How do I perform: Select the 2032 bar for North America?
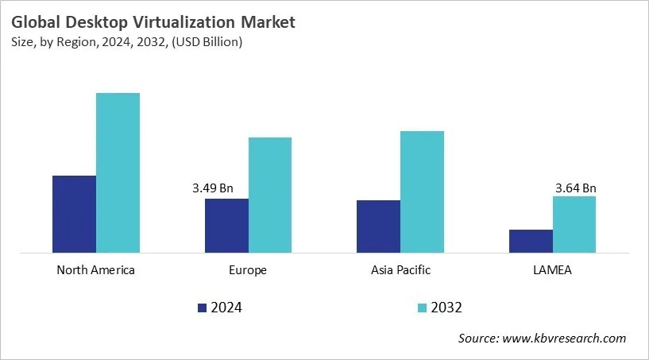click(118, 173)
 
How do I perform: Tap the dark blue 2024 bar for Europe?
click(226, 226)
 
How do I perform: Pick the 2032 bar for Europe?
click(270, 195)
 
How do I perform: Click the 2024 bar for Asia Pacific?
click(378, 226)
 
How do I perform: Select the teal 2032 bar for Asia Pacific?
click(422, 192)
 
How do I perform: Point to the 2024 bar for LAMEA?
click(531, 242)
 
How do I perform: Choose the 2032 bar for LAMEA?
click(574, 225)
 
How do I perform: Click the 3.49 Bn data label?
click(213, 188)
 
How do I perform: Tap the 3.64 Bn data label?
click(575, 188)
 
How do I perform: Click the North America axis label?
click(96, 270)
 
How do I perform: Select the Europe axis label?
click(249, 270)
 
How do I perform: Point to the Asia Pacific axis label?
click(400, 270)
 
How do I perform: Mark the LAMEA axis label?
click(553, 270)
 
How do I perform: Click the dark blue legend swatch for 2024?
click(202, 308)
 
